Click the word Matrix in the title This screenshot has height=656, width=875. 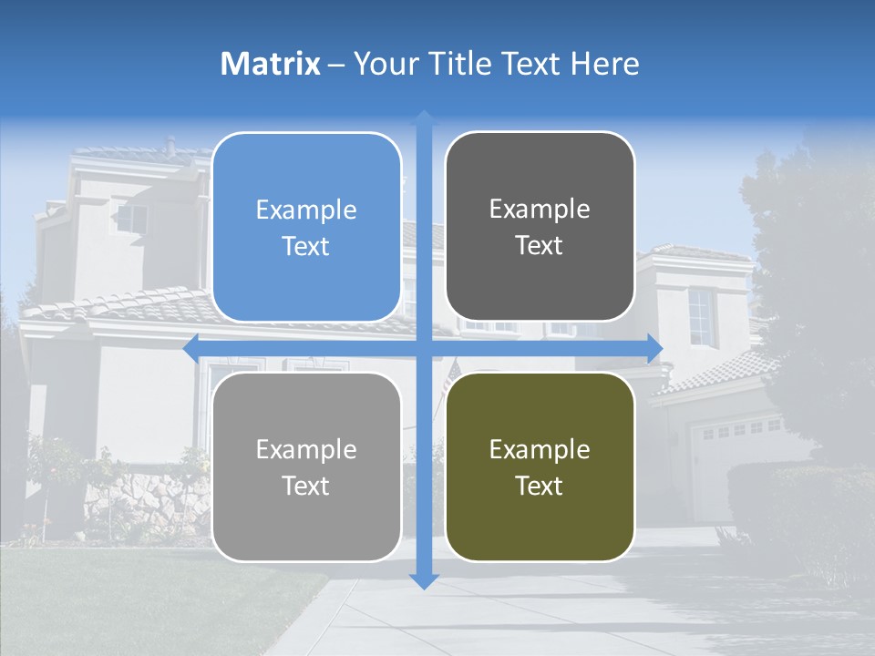[271, 64]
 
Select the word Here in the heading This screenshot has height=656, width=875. [604, 64]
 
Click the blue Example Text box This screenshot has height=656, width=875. [306, 228]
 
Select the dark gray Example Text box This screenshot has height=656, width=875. [540, 227]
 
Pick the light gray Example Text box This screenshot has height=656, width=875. [306, 467]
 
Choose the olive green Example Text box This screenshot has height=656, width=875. [540, 467]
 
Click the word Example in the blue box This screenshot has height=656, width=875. [306, 210]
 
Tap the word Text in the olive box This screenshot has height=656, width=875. [540, 486]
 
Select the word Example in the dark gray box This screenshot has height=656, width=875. [540, 210]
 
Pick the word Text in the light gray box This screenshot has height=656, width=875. [306, 486]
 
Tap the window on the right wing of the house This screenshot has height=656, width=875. [700, 316]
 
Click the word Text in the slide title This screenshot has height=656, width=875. [531, 64]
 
